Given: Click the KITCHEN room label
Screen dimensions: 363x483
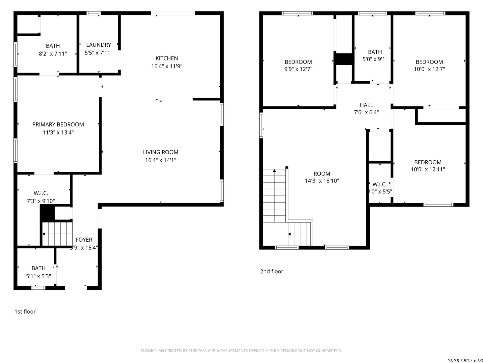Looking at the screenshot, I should coord(166,58).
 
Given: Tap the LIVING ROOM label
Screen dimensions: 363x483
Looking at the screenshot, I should coord(161,152).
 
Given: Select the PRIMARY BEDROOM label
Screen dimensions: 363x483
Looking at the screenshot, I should coord(58,124).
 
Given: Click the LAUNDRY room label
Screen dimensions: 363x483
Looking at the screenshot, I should coord(99,45).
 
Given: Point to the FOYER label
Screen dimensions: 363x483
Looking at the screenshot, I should coord(84,240).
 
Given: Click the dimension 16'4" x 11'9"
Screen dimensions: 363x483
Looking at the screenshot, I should coord(166,66).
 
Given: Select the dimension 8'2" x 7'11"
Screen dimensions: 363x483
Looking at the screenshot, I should coord(53,53).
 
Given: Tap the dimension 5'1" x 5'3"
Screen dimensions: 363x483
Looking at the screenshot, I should coord(39,276).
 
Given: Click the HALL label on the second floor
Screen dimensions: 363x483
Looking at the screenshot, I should coord(366,105).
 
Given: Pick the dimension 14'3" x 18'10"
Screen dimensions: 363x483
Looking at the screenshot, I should coord(322,181).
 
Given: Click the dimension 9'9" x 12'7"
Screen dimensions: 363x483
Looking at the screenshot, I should coord(298,69).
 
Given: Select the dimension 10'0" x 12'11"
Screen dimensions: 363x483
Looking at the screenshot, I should coord(428,169).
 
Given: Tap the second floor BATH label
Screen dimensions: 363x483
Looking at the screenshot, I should coord(375,52).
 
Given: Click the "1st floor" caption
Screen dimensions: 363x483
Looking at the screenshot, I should coord(25,312).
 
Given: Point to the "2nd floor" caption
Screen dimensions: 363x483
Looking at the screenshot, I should coord(272,271).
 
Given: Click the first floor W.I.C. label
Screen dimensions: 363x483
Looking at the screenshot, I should coord(41,193).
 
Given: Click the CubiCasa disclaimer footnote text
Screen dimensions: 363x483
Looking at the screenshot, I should coord(241,351).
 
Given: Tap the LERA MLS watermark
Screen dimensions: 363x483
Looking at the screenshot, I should coord(465,360).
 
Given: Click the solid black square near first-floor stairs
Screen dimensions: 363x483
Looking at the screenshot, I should coord(47,213).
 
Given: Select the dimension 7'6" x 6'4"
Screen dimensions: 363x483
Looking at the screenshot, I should coord(366,112).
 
